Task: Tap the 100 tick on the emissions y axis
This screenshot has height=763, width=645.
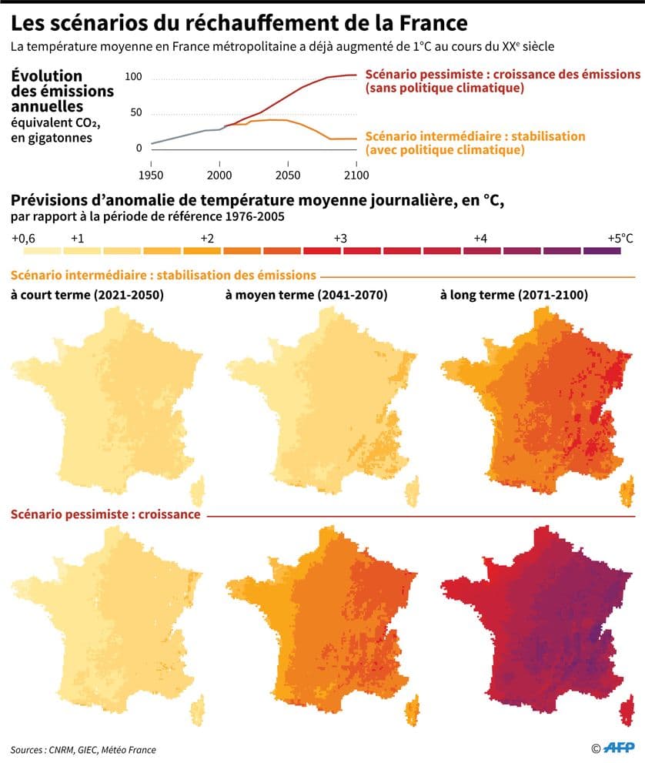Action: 133,77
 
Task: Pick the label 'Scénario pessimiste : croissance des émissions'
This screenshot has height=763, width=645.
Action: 503,75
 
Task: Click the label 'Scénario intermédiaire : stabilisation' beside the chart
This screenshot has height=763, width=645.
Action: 475,136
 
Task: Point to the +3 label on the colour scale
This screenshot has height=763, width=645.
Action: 339,238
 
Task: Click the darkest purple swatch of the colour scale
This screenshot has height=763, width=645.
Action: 602,251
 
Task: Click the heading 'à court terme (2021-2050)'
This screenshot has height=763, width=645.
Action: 86,295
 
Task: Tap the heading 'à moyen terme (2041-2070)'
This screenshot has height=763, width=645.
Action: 306,295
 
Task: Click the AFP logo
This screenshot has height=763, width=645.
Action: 617,748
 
